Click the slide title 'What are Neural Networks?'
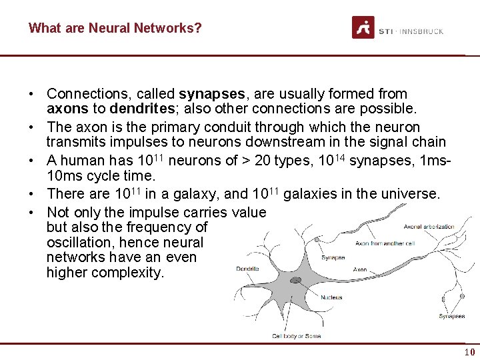coord(115,28)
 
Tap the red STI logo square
coord(363,28)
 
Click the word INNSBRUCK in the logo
coord(422,31)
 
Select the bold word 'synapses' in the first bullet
coord(207,94)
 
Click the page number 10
coord(469,351)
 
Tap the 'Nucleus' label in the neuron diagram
coord(331,297)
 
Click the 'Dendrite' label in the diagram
coord(248,269)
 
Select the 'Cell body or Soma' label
coord(296,336)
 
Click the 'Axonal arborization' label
coord(429,227)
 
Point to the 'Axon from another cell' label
coord(385,243)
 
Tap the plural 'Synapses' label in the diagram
coord(451,316)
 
